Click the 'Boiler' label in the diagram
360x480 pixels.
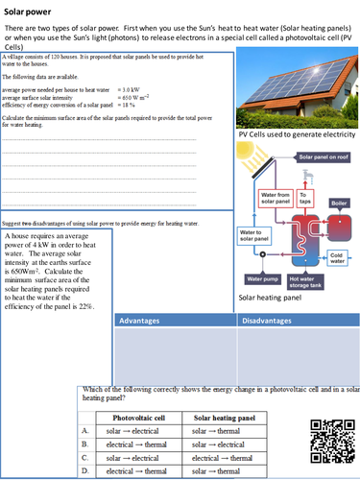pos(339,204)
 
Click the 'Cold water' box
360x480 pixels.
pos(337,256)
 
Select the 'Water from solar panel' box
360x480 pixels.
pos(276,199)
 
